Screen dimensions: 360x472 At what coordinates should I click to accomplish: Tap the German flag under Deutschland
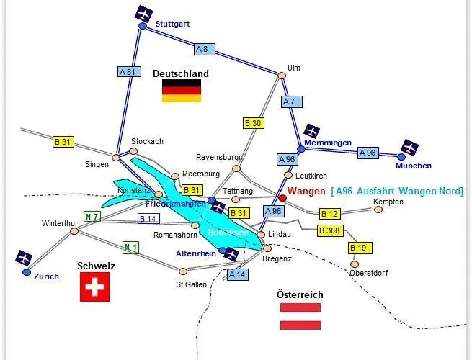181,91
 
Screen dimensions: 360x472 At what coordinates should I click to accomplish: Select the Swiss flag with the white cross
92,289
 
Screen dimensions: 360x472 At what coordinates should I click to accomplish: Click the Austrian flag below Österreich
300,316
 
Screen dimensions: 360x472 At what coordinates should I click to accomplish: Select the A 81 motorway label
127,72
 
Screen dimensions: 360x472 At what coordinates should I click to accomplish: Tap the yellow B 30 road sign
253,123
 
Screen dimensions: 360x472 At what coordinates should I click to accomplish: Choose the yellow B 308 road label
330,230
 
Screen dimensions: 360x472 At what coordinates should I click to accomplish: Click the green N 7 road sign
92,216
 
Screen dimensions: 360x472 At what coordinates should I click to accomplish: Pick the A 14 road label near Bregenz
237,274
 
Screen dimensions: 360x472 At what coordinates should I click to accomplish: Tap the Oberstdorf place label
369,273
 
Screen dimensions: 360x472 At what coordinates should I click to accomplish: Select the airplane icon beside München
409,148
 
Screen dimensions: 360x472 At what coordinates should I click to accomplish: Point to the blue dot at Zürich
27,272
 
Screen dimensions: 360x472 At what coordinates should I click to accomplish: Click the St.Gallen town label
191,284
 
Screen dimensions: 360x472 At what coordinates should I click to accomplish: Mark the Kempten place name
388,202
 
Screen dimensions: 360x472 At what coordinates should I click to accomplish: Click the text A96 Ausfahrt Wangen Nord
397,191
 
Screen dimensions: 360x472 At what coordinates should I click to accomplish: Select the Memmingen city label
328,143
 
